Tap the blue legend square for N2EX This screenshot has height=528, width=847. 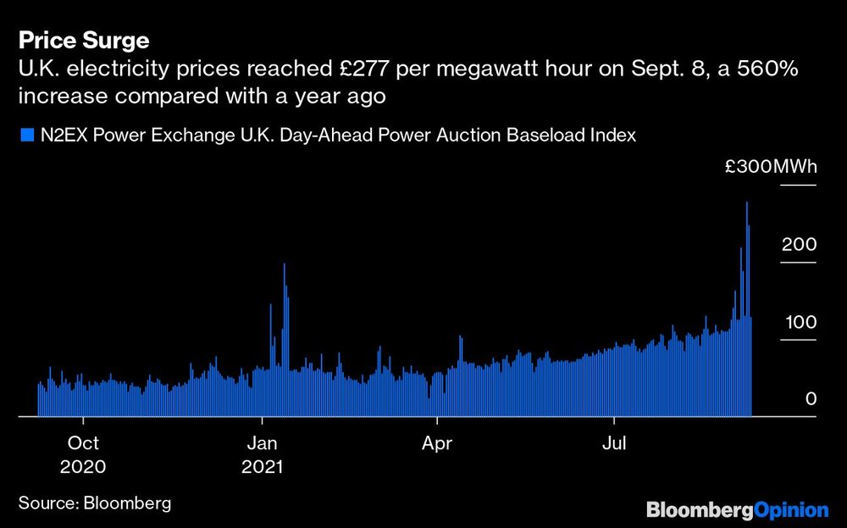(25, 134)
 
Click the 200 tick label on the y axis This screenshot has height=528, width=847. (799, 245)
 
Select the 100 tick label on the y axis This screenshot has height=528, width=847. (799, 322)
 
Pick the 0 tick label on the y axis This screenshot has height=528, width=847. (811, 399)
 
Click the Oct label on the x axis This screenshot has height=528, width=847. (83, 443)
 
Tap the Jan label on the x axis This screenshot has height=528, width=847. (263, 443)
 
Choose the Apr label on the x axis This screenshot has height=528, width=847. (437, 443)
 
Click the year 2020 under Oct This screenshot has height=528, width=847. (83, 467)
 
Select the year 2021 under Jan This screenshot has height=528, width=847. (263, 467)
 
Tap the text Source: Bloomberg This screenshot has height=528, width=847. (95, 503)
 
